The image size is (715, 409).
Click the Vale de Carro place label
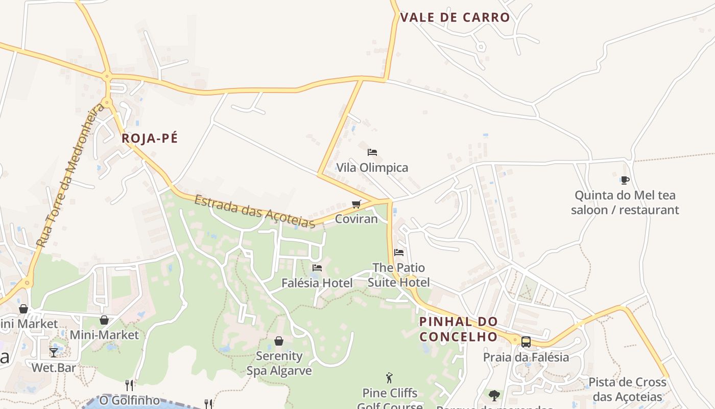click(455, 17)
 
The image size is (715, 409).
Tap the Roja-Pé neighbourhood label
click(150, 139)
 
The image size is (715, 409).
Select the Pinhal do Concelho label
click(458, 329)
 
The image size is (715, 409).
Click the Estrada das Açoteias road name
click(254, 211)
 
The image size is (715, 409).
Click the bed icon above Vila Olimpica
click(372, 152)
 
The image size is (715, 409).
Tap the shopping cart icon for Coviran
click(356, 204)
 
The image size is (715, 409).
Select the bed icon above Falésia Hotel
click(317, 268)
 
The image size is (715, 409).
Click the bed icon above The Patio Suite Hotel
click(399, 253)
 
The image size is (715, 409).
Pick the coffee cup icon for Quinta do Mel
click(625, 180)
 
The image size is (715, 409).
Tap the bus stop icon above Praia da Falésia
click(526, 342)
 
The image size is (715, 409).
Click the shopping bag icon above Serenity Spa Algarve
click(279, 341)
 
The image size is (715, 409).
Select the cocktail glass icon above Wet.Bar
click(54, 353)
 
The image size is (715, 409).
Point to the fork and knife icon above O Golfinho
click(129, 385)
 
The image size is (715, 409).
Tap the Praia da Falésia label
click(526, 357)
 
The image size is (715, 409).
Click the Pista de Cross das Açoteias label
click(627, 390)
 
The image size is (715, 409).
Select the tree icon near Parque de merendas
click(494, 395)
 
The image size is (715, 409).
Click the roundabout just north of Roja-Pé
click(107, 77)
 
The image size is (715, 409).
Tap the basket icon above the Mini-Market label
click(104, 320)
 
